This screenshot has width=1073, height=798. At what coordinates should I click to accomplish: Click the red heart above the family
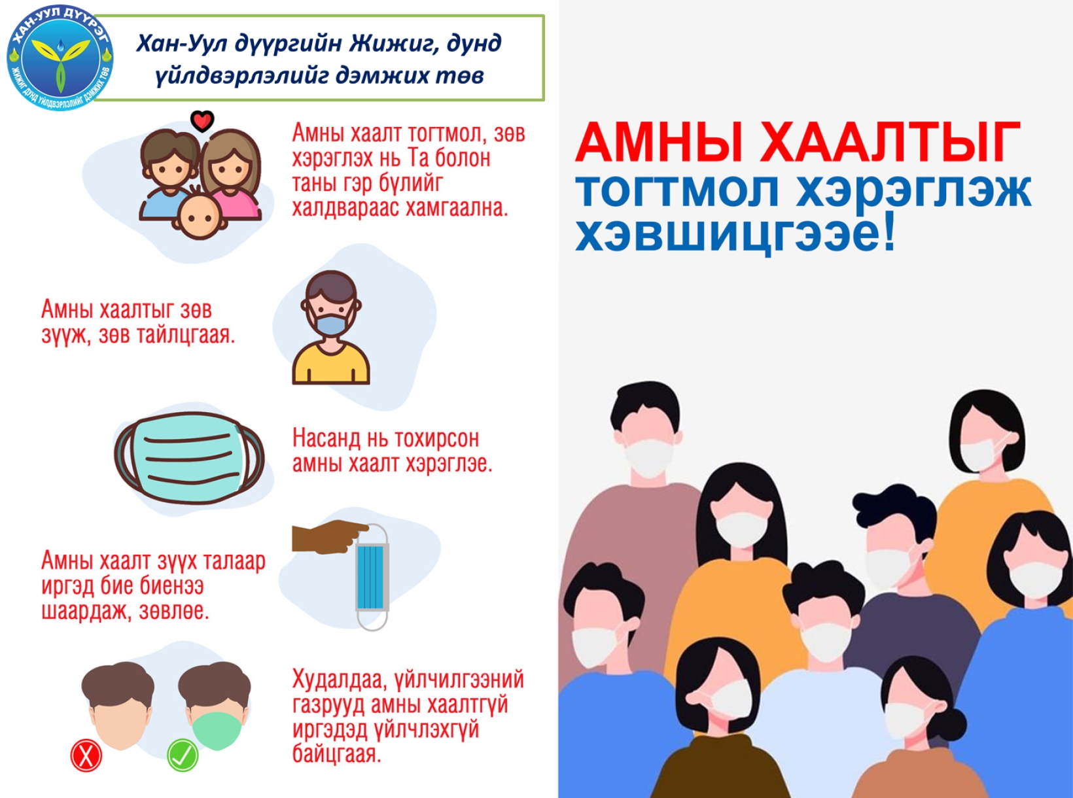(x=202, y=121)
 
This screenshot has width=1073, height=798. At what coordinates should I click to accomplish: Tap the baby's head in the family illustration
(x=200, y=217)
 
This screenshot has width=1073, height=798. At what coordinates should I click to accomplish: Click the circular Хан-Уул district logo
(x=60, y=57)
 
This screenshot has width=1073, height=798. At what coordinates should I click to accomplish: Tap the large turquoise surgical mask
(x=189, y=457)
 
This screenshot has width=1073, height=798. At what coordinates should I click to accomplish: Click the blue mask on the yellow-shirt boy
(x=331, y=323)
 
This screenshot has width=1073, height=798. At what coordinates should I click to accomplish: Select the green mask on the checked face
(x=217, y=731)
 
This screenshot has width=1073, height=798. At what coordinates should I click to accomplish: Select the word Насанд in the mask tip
(x=326, y=439)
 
